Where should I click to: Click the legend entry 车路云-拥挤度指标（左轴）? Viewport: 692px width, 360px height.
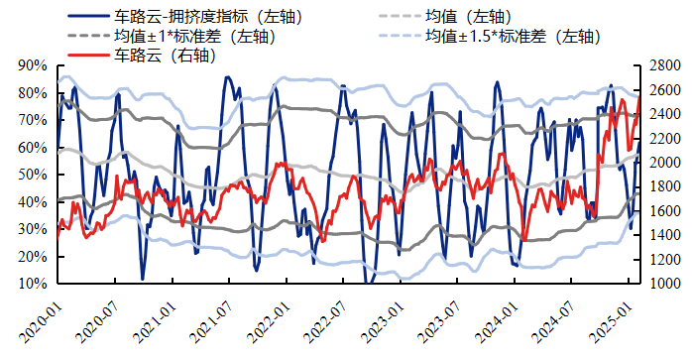[207, 17]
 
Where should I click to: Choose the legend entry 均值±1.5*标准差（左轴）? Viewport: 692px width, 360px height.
[511, 36]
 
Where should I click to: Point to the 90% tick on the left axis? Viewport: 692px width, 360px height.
[34, 65]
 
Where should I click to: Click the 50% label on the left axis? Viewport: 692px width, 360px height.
[34, 175]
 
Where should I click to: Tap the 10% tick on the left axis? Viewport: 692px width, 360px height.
[34, 284]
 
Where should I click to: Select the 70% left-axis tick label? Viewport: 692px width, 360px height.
[34, 120]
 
